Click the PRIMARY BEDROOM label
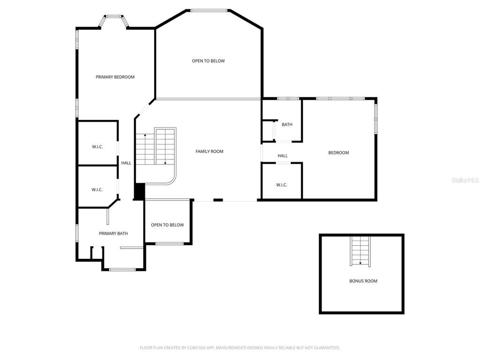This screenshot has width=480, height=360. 115,77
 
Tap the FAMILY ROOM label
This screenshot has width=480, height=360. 209,151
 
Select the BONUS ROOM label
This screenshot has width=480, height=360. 363,281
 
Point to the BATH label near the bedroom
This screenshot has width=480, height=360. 287,125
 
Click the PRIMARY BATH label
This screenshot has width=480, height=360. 113,233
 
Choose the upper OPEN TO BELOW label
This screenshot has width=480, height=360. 208,61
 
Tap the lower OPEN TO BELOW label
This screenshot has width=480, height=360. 167,225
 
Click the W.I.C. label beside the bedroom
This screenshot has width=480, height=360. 281,185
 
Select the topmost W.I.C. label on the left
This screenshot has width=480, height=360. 97,147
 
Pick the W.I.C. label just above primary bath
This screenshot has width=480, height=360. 97,190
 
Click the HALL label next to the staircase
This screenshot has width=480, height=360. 126,163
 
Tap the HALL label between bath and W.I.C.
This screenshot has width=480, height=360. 282,156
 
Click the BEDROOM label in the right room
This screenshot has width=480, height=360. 338,153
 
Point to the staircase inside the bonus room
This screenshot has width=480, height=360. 360,251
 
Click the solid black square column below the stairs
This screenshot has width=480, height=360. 139,191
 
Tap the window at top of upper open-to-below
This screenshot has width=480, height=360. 209,10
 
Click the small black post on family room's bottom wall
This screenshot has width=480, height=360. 218,200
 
